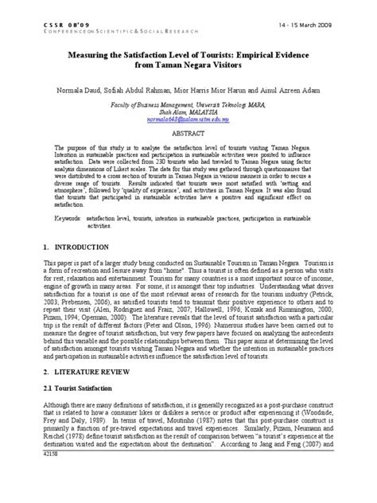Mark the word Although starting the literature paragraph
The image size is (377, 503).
click(x=61, y=414)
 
